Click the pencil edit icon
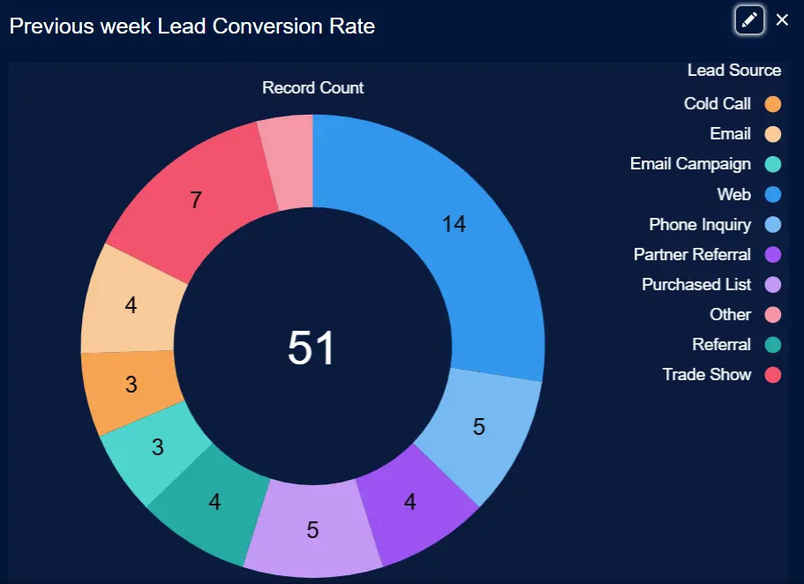749,20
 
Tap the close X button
782,20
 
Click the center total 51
312,348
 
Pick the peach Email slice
131,305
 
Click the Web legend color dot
773,194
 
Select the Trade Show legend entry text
707,374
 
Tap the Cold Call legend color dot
773,104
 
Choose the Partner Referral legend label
692,254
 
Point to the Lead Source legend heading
733,71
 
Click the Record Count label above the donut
312,88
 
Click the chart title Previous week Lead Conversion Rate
192,26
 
